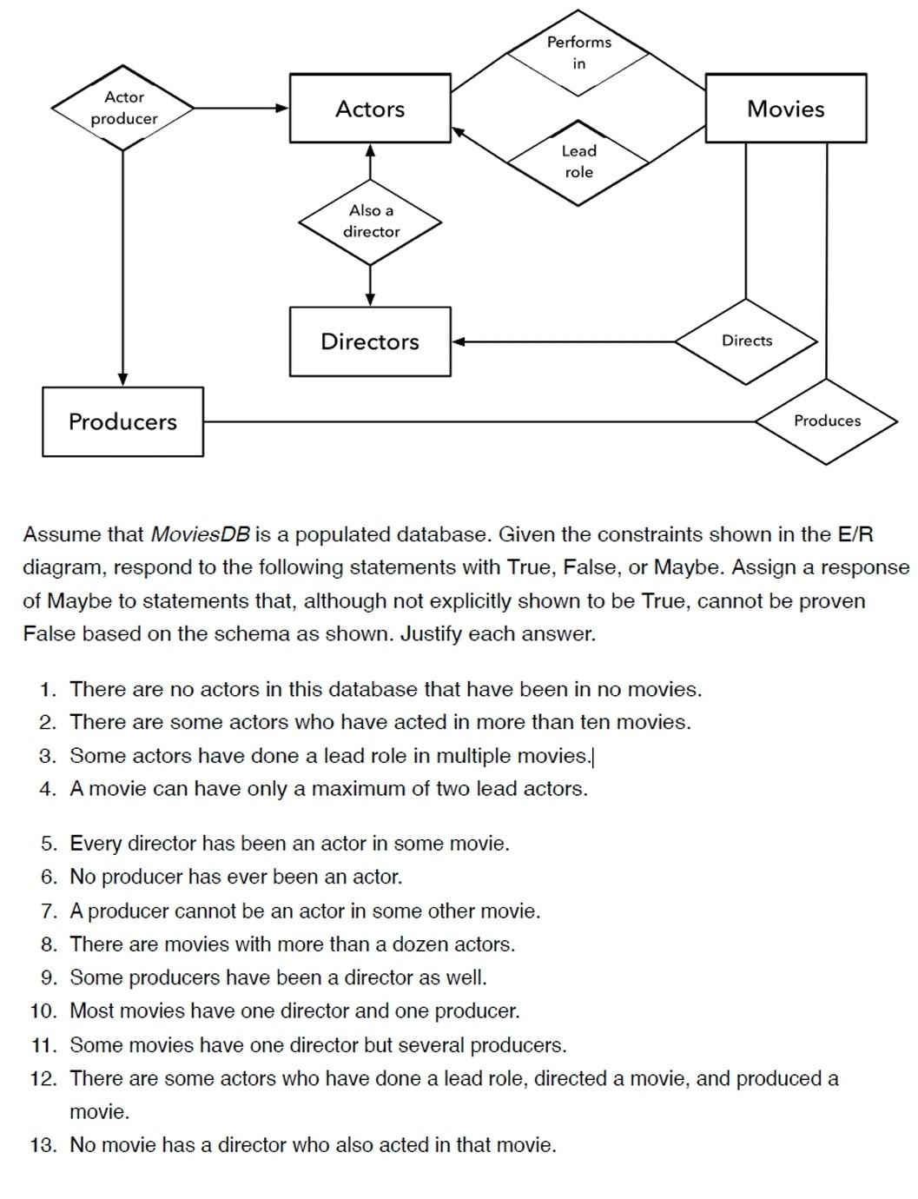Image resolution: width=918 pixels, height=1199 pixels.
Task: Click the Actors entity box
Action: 370,109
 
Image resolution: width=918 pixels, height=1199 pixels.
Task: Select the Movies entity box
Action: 785,109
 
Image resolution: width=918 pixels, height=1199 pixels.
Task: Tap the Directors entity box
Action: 370,341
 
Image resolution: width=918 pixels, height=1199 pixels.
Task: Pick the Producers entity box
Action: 122,421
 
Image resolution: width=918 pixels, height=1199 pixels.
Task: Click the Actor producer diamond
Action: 123,108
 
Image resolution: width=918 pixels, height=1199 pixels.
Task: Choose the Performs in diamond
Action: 578,53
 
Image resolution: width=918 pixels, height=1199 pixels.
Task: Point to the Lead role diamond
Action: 578,162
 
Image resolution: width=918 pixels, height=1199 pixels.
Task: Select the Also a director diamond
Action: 371,222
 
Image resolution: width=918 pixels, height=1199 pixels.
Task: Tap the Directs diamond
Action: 747,341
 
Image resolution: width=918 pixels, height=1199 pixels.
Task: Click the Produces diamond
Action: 827,421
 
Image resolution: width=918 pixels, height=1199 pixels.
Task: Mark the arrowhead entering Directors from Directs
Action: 458,341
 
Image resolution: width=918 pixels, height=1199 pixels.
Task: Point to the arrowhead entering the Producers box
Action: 122,381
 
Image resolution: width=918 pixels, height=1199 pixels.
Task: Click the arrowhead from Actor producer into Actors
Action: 282,108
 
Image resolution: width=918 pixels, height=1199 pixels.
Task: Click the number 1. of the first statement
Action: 49,690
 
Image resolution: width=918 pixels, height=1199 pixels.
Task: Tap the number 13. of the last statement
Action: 43,1145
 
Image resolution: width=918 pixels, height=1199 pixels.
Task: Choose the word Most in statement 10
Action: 91,1011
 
